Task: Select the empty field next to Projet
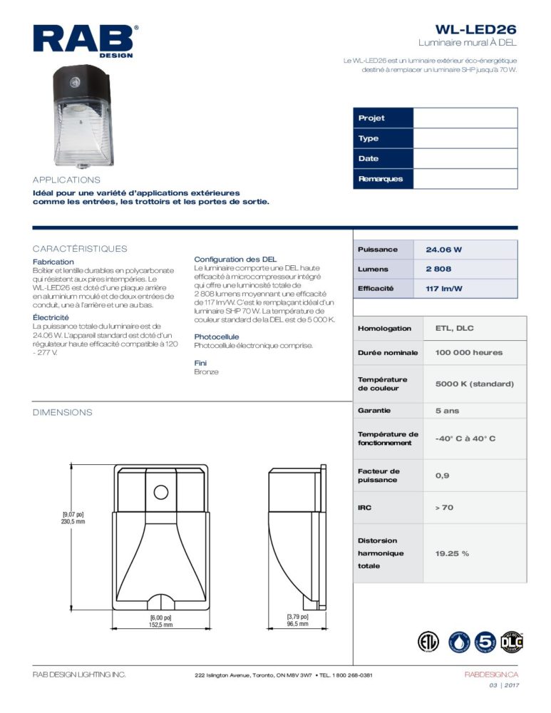click(465, 118)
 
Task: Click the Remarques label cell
click(383, 179)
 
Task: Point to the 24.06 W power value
click(444, 250)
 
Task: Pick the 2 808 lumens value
click(438, 270)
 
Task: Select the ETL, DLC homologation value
click(454, 329)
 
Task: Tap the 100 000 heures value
click(468, 353)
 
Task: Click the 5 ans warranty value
click(447, 411)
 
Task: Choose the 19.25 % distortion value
click(452, 553)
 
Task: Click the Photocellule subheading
click(217, 337)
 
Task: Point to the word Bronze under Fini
click(206, 372)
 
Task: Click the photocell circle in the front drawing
click(160, 493)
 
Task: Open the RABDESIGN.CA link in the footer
click(490, 674)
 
